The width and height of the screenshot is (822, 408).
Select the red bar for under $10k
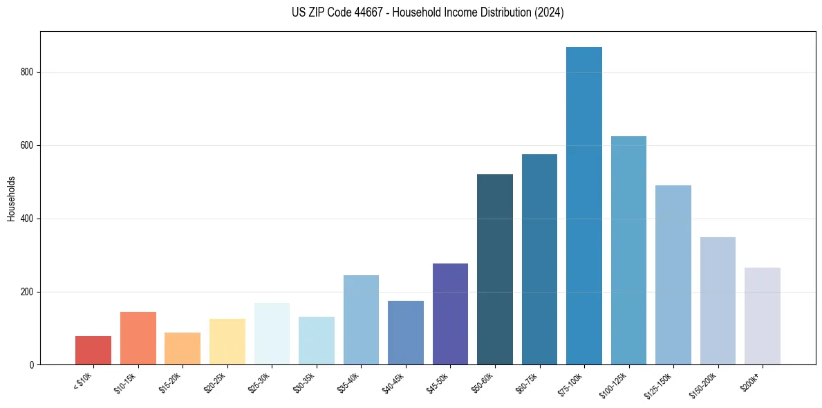point(93,351)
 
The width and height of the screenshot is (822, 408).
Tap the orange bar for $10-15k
point(138,338)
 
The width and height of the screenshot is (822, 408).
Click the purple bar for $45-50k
point(450,314)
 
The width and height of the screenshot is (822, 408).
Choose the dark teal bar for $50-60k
point(495,270)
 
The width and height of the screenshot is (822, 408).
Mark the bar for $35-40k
point(361,319)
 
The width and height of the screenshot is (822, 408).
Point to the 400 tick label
point(28,219)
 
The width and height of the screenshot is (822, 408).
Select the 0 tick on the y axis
point(32,365)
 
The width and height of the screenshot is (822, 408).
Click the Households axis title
point(11,198)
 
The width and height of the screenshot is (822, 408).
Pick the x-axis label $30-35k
point(304,382)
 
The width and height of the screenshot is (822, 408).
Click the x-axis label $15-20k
point(170,382)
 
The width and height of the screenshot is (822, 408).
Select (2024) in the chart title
point(550,12)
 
